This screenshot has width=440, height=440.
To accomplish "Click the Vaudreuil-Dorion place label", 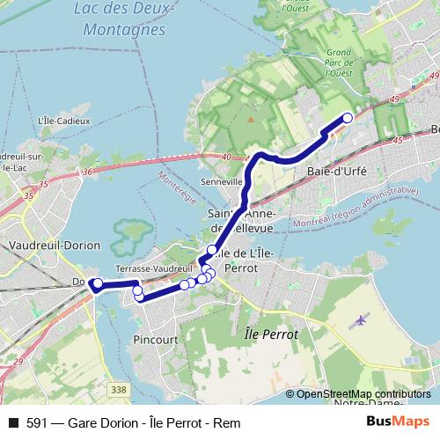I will [x=53, y=246].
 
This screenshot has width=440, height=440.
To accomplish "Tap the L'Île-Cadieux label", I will [x=61, y=120].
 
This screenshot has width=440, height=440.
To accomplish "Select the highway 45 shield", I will [x=397, y=140].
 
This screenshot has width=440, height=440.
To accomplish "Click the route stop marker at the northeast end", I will [x=348, y=117].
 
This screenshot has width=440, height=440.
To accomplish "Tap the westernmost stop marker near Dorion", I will [x=98, y=282].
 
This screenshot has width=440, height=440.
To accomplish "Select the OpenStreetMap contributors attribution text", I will [x=363, y=394].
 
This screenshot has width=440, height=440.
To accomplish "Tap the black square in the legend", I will [x=12, y=423].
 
